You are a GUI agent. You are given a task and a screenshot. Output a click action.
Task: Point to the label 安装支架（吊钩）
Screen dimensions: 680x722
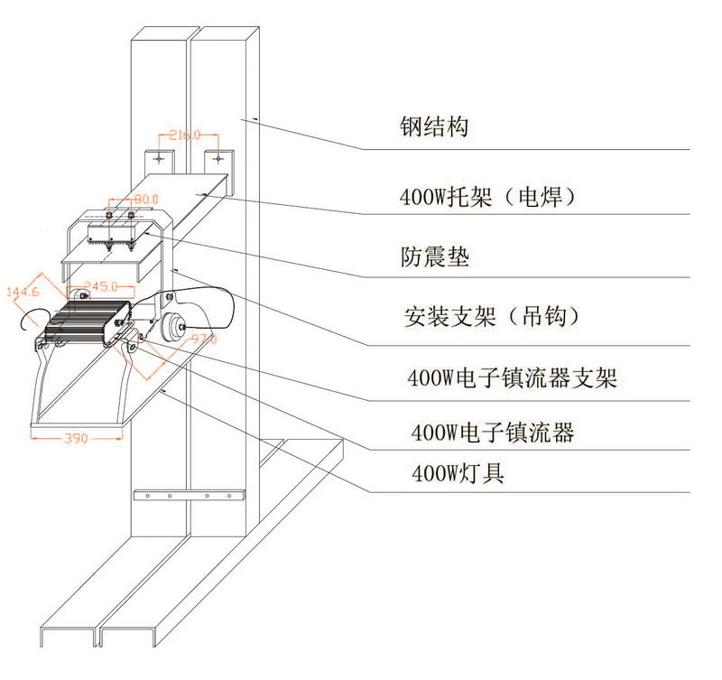[x=491, y=317]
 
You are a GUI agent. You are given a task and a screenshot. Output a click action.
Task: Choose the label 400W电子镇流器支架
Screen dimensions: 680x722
[x=513, y=378]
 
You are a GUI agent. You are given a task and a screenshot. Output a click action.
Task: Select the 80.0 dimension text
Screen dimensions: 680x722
[x=144, y=197]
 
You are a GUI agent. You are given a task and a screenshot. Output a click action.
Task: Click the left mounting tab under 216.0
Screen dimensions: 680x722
[x=160, y=160]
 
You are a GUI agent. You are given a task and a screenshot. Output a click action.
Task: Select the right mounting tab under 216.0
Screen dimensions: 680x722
[x=216, y=160]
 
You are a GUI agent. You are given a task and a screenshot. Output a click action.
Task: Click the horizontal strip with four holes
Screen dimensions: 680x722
[x=189, y=497]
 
